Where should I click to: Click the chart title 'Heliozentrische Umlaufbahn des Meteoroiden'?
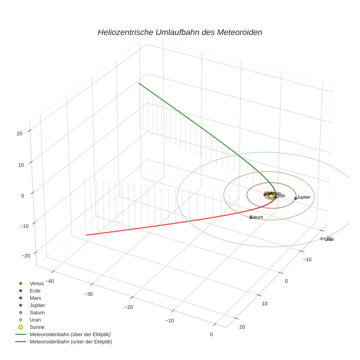[x=180, y=32]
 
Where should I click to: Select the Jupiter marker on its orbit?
[x=296, y=198]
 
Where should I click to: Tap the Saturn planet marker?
[x=251, y=217]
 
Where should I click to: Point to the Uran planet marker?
[x=322, y=239]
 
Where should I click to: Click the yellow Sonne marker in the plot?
[x=271, y=196]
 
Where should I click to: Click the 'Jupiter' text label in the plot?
[x=304, y=197]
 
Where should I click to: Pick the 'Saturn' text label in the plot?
[x=257, y=217]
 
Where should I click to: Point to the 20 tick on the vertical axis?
[x=20, y=134]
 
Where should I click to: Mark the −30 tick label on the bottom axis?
[x=88, y=294]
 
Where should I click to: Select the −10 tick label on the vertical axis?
[x=24, y=226]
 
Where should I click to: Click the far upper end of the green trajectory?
[x=139, y=83]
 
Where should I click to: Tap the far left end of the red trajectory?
[x=86, y=235]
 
